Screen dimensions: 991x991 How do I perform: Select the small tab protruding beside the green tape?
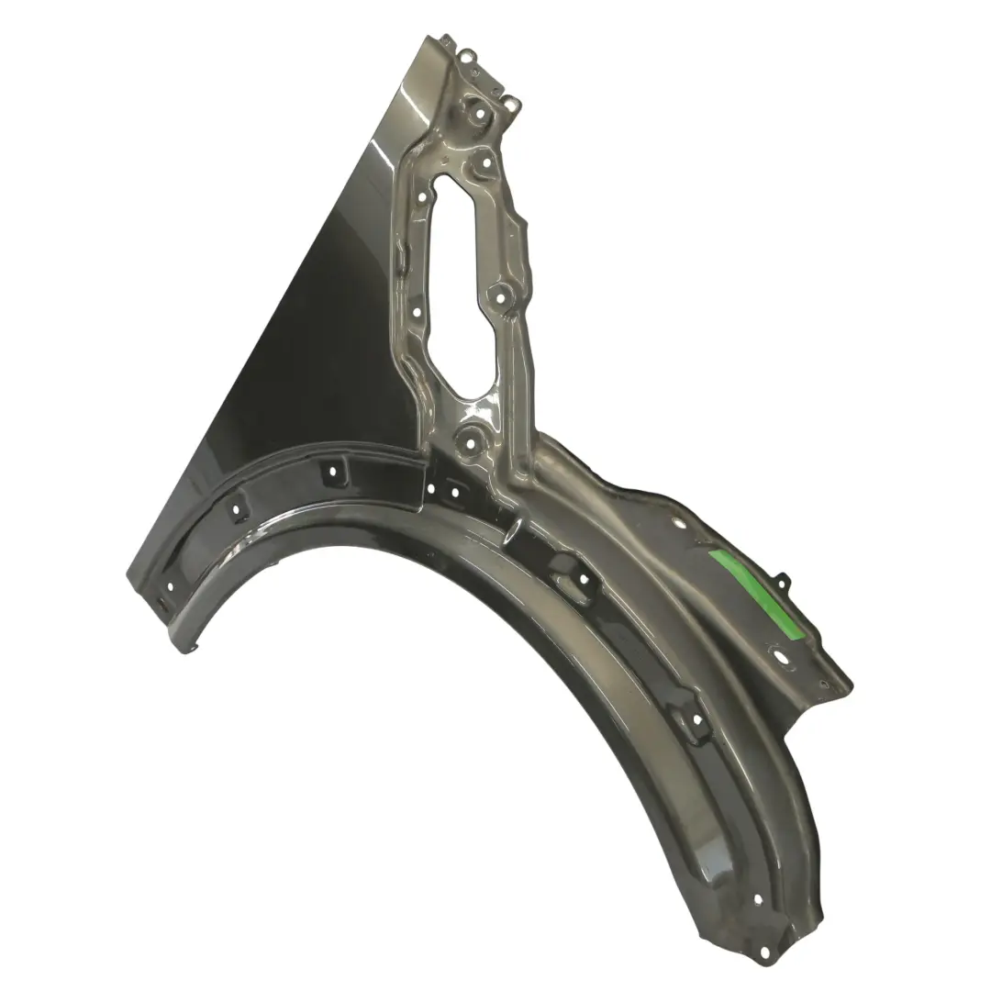782,580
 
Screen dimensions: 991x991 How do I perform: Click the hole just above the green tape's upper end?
678,525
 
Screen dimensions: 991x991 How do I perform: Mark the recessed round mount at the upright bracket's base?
470,442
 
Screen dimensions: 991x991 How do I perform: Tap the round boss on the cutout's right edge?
500,296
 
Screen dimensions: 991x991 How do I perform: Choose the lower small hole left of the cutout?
417,312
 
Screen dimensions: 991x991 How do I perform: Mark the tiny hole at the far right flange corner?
823,685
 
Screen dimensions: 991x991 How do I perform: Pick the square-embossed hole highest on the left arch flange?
331,471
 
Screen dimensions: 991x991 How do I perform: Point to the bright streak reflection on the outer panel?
385,147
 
